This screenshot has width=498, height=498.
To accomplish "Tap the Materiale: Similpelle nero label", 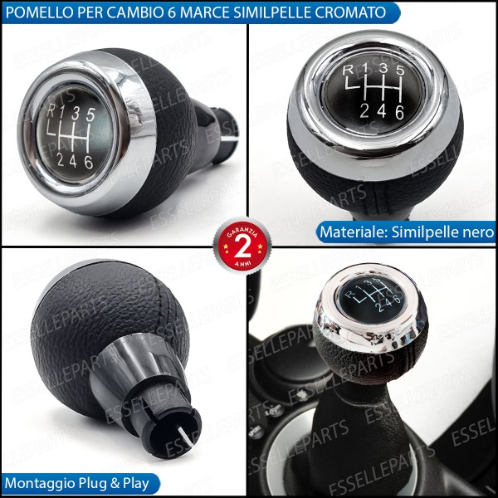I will point(406,232).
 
